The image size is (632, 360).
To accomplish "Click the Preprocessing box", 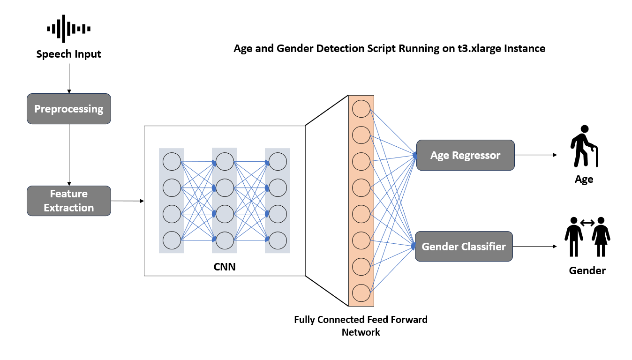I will point(69,109).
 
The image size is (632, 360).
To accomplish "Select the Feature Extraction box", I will point(69,201).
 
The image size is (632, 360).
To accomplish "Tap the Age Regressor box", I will point(465,155).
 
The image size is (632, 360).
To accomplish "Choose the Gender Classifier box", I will point(464,247).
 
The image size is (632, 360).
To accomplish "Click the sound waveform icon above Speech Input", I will point(69,29).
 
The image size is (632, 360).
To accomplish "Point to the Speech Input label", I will point(69,54).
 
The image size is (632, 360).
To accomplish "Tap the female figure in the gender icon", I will point(601,237).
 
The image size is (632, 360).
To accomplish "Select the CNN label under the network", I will point(225,268).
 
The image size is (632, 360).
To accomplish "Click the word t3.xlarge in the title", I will point(481,48).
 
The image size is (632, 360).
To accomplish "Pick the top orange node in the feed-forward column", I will point(361,109).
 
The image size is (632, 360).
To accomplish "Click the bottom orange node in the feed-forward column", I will point(361,293).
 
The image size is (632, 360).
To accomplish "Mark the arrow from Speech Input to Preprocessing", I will point(69,77).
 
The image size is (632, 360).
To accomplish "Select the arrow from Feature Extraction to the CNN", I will point(127,201).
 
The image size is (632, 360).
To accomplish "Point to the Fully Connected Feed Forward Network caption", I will point(361,326).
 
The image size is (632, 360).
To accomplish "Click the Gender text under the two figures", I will point(587,270).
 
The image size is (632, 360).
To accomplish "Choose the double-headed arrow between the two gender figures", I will point(587,223).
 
